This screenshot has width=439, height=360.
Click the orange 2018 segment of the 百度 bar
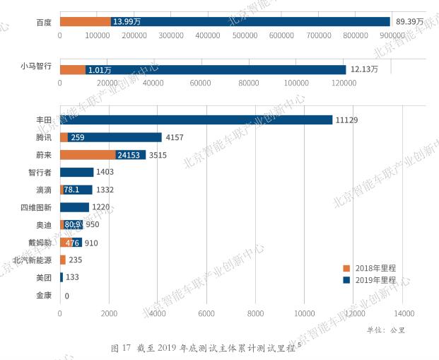click(x=85, y=22)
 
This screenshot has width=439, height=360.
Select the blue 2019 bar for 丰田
click(x=196, y=120)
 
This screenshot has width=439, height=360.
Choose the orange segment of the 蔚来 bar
click(x=88, y=155)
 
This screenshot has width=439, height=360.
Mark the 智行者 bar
click(x=76, y=172)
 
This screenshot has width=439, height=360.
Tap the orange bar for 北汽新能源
click(x=62, y=260)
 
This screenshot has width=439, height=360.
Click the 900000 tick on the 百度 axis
click(x=392, y=35)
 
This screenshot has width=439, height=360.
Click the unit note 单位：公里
click(x=386, y=330)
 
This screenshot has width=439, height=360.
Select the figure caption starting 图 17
click(x=205, y=348)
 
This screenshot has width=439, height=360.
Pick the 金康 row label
click(x=44, y=296)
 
